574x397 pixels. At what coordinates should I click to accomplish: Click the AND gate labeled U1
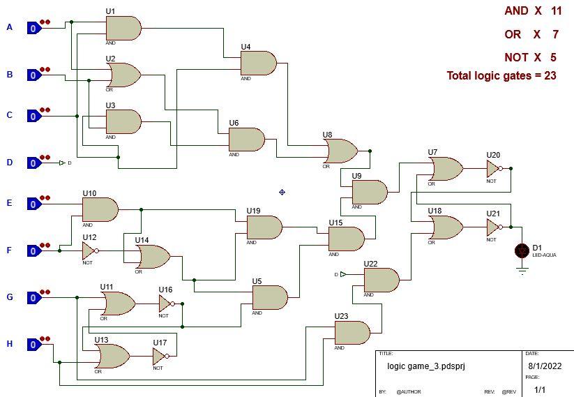(x=123, y=29)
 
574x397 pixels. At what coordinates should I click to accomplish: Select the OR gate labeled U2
(x=123, y=75)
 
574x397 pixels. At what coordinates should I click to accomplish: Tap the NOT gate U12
(x=89, y=250)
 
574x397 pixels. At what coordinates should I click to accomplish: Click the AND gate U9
(x=370, y=192)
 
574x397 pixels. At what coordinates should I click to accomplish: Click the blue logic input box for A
(x=33, y=28)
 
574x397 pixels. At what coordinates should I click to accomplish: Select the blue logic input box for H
(x=33, y=345)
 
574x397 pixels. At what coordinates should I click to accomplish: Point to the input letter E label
(x=9, y=203)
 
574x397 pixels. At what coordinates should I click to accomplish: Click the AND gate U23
(x=352, y=333)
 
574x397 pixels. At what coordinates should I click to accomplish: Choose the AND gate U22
(x=382, y=280)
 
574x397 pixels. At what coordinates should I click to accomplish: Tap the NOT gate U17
(x=160, y=357)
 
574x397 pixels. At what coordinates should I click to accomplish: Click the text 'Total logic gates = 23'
(x=501, y=76)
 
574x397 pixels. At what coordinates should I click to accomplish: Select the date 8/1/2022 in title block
(x=544, y=366)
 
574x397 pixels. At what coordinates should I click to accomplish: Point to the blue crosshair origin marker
(x=282, y=192)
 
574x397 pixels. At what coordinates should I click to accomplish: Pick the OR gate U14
(x=153, y=257)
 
